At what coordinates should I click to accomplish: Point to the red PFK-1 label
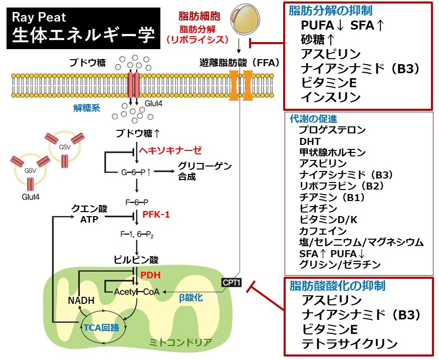point(156,215)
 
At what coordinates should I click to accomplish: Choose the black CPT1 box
point(231,283)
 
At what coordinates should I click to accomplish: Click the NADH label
point(81,301)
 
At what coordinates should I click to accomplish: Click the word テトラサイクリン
point(350,344)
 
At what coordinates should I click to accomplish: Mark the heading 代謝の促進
point(313,119)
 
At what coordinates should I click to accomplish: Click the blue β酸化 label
point(191,298)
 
